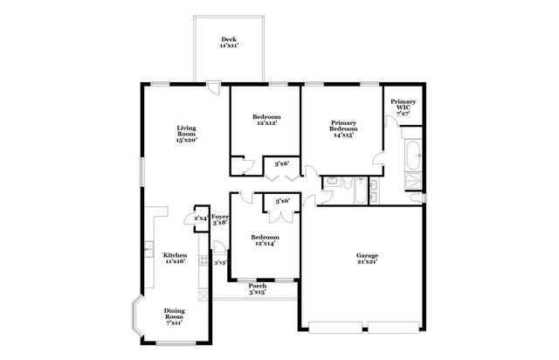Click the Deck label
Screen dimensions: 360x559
229,41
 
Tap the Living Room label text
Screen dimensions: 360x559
185,133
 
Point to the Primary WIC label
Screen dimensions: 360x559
403,107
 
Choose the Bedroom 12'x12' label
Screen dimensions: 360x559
266,120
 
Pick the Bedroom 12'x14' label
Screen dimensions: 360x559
265,240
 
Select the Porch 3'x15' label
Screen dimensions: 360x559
258,288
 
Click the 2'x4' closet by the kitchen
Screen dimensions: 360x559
201,218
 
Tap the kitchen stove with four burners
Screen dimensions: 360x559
204,259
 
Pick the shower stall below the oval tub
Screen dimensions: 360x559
413,181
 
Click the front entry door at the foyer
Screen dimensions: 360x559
217,246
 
